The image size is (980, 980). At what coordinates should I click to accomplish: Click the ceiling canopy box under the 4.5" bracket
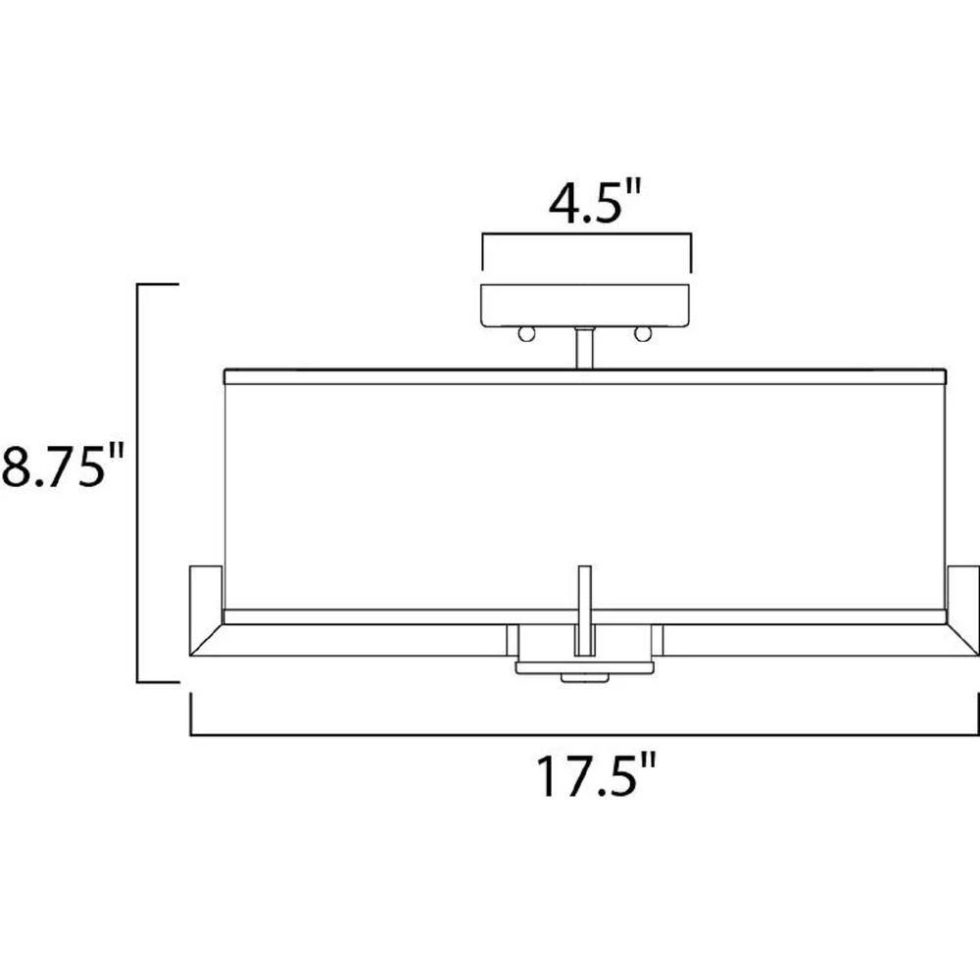coord(586,306)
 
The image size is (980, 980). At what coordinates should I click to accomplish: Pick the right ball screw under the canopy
coord(644,335)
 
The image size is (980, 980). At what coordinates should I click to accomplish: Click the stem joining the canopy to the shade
coord(585,349)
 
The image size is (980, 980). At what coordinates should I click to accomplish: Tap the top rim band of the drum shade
coord(585,376)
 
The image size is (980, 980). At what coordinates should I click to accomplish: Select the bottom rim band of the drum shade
coord(585,616)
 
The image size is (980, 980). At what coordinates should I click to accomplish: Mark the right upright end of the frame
coord(963,598)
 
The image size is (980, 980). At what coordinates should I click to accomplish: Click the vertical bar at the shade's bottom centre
coord(585,608)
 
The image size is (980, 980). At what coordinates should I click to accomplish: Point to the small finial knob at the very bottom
coord(585,678)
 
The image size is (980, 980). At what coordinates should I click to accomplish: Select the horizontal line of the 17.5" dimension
coord(585,733)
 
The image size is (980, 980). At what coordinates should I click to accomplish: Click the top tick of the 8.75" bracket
coord(158,284)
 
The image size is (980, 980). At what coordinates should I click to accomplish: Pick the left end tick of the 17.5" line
coord(190,713)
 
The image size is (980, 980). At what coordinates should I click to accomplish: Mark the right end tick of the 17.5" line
coord(977,713)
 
